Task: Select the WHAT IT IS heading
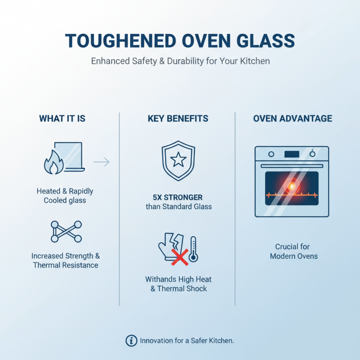[62, 119]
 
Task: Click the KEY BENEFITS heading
[178, 119]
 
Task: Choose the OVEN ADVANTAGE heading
[292, 119]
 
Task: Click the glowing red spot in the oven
[292, 185]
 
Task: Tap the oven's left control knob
[271, 154]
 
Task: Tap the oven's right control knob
[313, 154]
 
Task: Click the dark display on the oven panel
[292, 154]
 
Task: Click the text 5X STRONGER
[178, 197]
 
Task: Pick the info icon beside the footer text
[131, 341]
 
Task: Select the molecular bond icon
[66, 231]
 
